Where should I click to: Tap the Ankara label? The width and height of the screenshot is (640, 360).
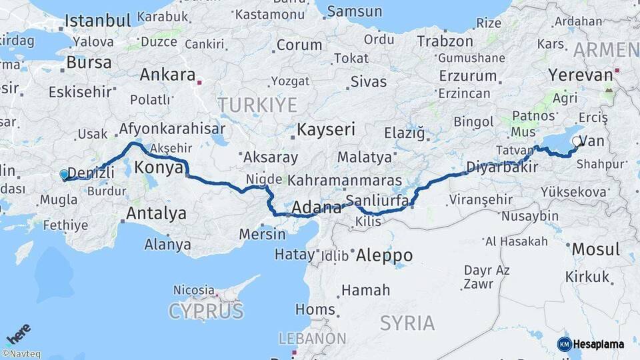tap(167, 74)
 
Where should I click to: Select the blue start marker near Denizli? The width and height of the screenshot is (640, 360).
tap(64, 174)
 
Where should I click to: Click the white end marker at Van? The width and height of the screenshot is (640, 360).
tap(577, 142)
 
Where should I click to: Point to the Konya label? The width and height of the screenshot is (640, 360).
tap(159, 168)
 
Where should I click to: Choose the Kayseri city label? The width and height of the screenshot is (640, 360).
tap(326, 129)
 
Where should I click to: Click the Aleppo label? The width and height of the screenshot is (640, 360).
tap(384, 255)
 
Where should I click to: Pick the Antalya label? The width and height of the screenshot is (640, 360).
tap(156, 214)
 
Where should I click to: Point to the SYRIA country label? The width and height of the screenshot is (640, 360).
tap(407, 323)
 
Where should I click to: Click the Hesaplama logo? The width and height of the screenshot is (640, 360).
tap(591, 344)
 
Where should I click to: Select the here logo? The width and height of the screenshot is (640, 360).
tap(18, 334)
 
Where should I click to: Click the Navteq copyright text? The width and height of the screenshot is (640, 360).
tap(21, 354)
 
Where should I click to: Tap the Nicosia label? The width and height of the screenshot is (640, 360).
tap(193, 291)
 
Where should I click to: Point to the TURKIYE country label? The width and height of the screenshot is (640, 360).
tap(257, 105)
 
